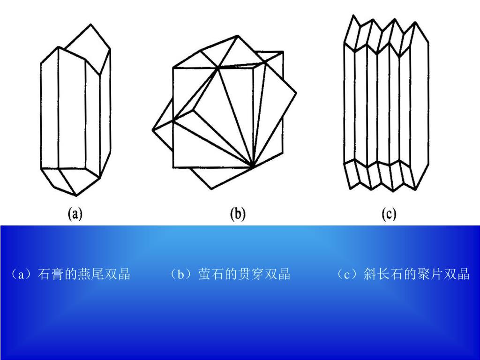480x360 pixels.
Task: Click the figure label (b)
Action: [x=238, y=214]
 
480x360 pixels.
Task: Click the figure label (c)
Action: [x=389, y=214]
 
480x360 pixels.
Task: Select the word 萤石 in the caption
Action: [x=208, y=274]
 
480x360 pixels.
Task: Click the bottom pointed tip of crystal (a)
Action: [x=76, y=195]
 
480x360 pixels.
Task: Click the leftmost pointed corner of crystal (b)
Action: [x=153, y=129]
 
